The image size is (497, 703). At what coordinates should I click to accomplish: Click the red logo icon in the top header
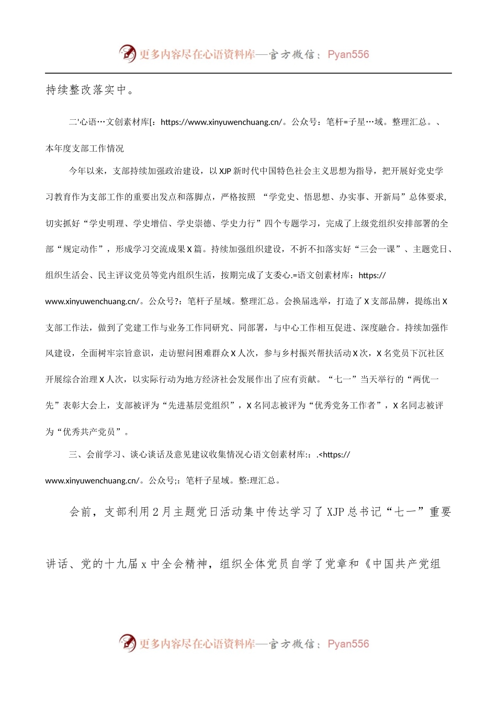(x=127, y=53)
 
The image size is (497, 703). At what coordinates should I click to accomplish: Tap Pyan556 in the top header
(x=348, y=54)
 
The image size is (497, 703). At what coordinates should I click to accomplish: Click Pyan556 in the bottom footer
(x=348, y=644)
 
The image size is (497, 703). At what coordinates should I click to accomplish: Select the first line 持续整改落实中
(x=90, y=90)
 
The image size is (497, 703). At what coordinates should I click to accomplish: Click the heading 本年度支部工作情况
(x=85, y=149)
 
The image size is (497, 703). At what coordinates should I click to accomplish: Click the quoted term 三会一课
(x=378, y=250)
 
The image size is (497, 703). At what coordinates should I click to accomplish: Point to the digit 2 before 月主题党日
(x=156, y=512)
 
